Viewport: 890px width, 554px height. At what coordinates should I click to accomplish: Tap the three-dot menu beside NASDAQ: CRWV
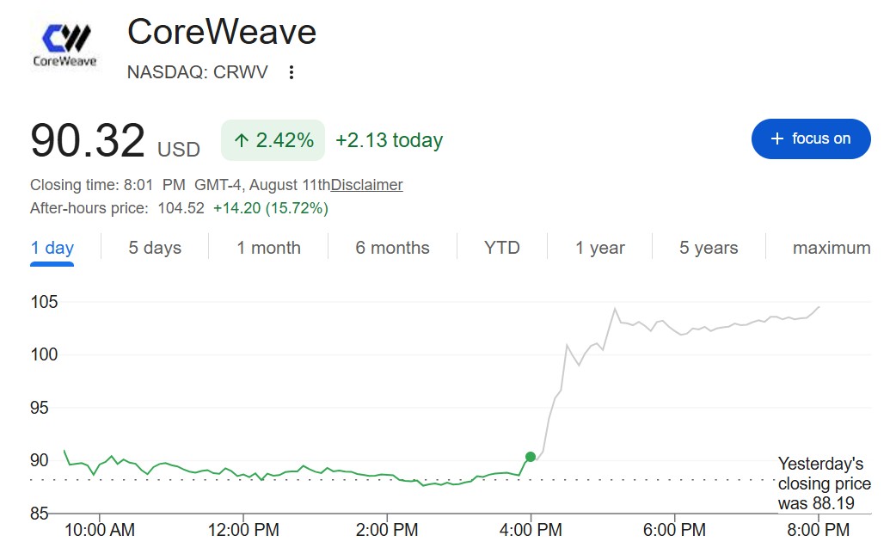click(x=292, y=72)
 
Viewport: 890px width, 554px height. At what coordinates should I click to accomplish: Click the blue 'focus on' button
click(x=811, y=139)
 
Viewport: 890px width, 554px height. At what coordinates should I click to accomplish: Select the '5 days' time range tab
click(x=155, y=248)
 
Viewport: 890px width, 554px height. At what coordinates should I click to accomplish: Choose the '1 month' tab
click(x=268, y=248)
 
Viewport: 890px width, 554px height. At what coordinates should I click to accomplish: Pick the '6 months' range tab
click(x=392, y=248)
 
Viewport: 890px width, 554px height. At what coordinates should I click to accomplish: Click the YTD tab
click(x=502, y=248)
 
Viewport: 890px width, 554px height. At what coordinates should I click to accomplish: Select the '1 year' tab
click(x=600, y=248)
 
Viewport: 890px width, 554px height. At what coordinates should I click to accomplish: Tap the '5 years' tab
click(x=709, y=248)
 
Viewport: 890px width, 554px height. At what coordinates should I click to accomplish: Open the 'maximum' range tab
click(x=832, y=248)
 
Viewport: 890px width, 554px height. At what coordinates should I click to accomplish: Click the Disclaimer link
click(x=366, y=185)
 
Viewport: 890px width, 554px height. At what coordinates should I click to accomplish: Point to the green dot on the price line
click(x=531, y=457)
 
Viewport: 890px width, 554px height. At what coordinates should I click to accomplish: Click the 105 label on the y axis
click(x=44, y=302)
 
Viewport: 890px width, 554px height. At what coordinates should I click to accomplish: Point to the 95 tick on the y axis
click(x=40, y=408)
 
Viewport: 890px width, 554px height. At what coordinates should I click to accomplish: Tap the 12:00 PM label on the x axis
click(x=243, y=530)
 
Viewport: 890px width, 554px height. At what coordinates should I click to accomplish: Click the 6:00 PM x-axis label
click(x=674, y=530)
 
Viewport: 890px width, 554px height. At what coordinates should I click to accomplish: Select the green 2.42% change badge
click(x=273, y=140)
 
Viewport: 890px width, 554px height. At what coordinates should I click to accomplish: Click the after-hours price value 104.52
click(x=181, y=208)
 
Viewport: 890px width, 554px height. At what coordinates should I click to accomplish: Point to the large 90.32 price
click(x=88, y=140)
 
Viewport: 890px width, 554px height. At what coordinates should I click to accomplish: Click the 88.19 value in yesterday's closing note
click(x=833, y=503)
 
